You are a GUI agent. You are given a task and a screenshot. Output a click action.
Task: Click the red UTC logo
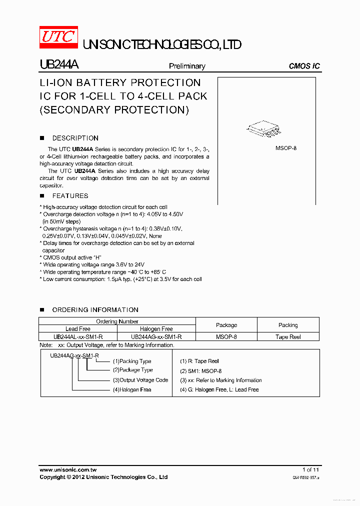(58, 37)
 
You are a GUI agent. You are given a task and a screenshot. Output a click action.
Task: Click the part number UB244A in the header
(58, 65)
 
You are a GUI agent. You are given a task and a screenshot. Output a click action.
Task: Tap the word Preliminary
(187, 66)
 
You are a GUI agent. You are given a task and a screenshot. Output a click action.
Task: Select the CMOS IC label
(304, 66)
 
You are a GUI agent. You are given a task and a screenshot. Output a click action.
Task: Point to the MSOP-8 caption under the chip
(286, 148)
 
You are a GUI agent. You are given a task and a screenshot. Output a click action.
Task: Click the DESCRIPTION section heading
(75, 138)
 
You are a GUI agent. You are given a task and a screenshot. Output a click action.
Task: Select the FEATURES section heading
(70, 195)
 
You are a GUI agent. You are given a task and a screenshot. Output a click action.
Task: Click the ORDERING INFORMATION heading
(95, 310)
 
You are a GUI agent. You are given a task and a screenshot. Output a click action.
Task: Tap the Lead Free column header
(78, 329)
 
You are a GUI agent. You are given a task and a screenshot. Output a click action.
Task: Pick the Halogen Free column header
(156, 329)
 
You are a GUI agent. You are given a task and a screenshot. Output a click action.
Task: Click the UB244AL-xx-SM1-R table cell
(78, 337)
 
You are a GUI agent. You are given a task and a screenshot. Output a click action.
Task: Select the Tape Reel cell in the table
(288, 337)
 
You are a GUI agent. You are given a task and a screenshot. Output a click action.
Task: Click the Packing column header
(288, 325)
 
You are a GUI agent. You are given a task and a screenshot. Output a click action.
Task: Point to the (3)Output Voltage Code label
(140, 380)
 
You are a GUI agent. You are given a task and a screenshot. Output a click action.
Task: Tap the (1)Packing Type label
(131, 361)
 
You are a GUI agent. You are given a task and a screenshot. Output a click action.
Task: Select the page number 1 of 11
(310, 469)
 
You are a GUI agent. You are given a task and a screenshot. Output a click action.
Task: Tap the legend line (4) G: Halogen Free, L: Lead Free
(219, 389)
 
